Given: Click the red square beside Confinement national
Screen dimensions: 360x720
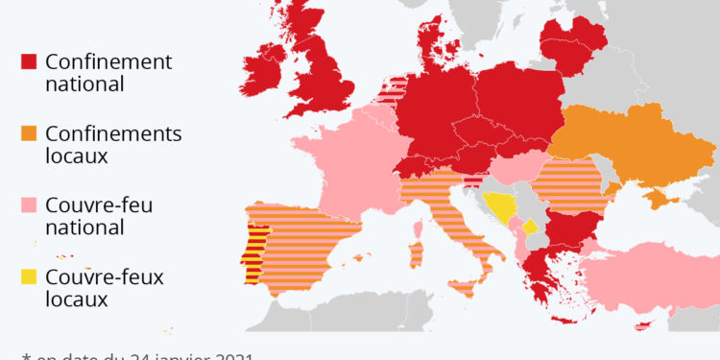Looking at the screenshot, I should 29,62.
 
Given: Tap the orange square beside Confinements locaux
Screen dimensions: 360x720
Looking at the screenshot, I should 29,134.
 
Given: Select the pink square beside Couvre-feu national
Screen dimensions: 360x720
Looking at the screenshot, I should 29,205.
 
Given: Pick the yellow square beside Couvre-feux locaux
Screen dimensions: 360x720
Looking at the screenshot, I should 29,277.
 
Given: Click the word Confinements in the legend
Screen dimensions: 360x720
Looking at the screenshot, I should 113,133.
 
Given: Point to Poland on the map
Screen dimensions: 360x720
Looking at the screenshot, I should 518,106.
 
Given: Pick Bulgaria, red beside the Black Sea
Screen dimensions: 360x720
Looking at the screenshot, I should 566,231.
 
